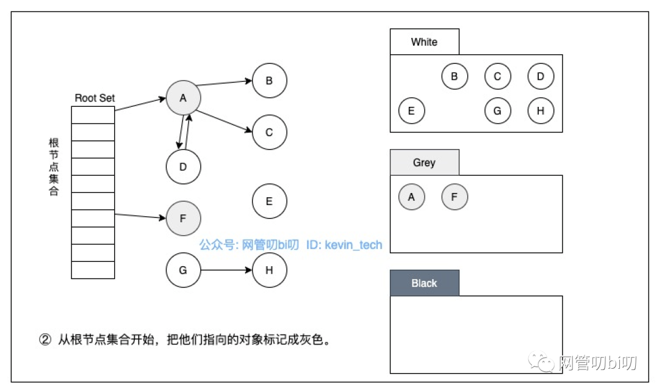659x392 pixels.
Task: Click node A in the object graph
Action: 183,98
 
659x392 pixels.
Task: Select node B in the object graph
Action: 269,80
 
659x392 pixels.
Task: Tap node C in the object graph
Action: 269,132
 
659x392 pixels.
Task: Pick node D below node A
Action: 183,166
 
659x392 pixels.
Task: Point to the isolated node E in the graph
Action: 269,201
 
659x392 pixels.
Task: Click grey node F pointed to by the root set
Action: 183,218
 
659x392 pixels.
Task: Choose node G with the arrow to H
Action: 183,269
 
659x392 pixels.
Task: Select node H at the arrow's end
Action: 269,269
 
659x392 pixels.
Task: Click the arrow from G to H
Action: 226,269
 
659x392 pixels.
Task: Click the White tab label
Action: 424,42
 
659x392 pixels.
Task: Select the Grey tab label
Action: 424,162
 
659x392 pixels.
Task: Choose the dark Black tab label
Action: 424,283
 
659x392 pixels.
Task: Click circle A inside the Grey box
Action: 411,197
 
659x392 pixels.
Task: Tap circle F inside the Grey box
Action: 455,197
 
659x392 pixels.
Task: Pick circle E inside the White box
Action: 411,111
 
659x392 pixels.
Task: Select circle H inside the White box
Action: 541,111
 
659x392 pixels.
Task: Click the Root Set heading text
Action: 95,98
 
